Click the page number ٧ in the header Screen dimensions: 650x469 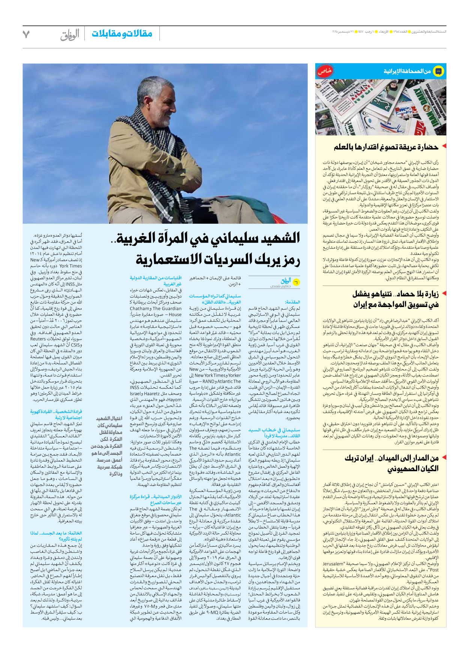point(26,34)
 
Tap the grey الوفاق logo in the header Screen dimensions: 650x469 point(70,34)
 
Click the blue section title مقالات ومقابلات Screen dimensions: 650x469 point(122,34)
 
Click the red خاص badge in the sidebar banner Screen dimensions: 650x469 point(325,71)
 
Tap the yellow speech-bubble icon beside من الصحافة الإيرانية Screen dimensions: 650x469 point(438,71)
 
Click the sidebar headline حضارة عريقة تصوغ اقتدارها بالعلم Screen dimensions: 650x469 point(386,147)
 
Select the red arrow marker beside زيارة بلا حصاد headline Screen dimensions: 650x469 point(444,293)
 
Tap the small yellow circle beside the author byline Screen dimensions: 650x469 point(296,282)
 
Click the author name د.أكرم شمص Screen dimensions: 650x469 point(280,286)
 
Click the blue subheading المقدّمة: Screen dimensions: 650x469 point(292,302)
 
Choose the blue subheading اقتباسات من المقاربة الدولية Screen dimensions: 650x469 point(156,278)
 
